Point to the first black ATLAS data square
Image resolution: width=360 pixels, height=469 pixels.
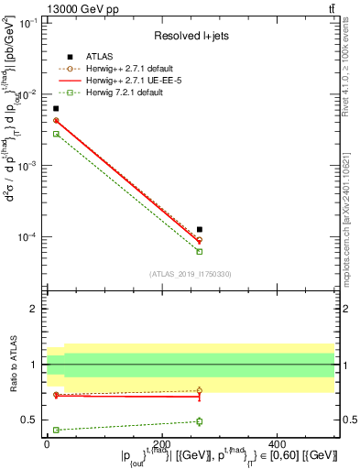coord(56,109)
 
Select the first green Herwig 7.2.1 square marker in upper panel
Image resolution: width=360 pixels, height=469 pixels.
coord(56,134)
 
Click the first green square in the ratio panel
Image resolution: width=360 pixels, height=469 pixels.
coord(56,430)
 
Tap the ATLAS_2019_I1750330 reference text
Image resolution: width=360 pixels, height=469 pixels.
coord(191,273)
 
